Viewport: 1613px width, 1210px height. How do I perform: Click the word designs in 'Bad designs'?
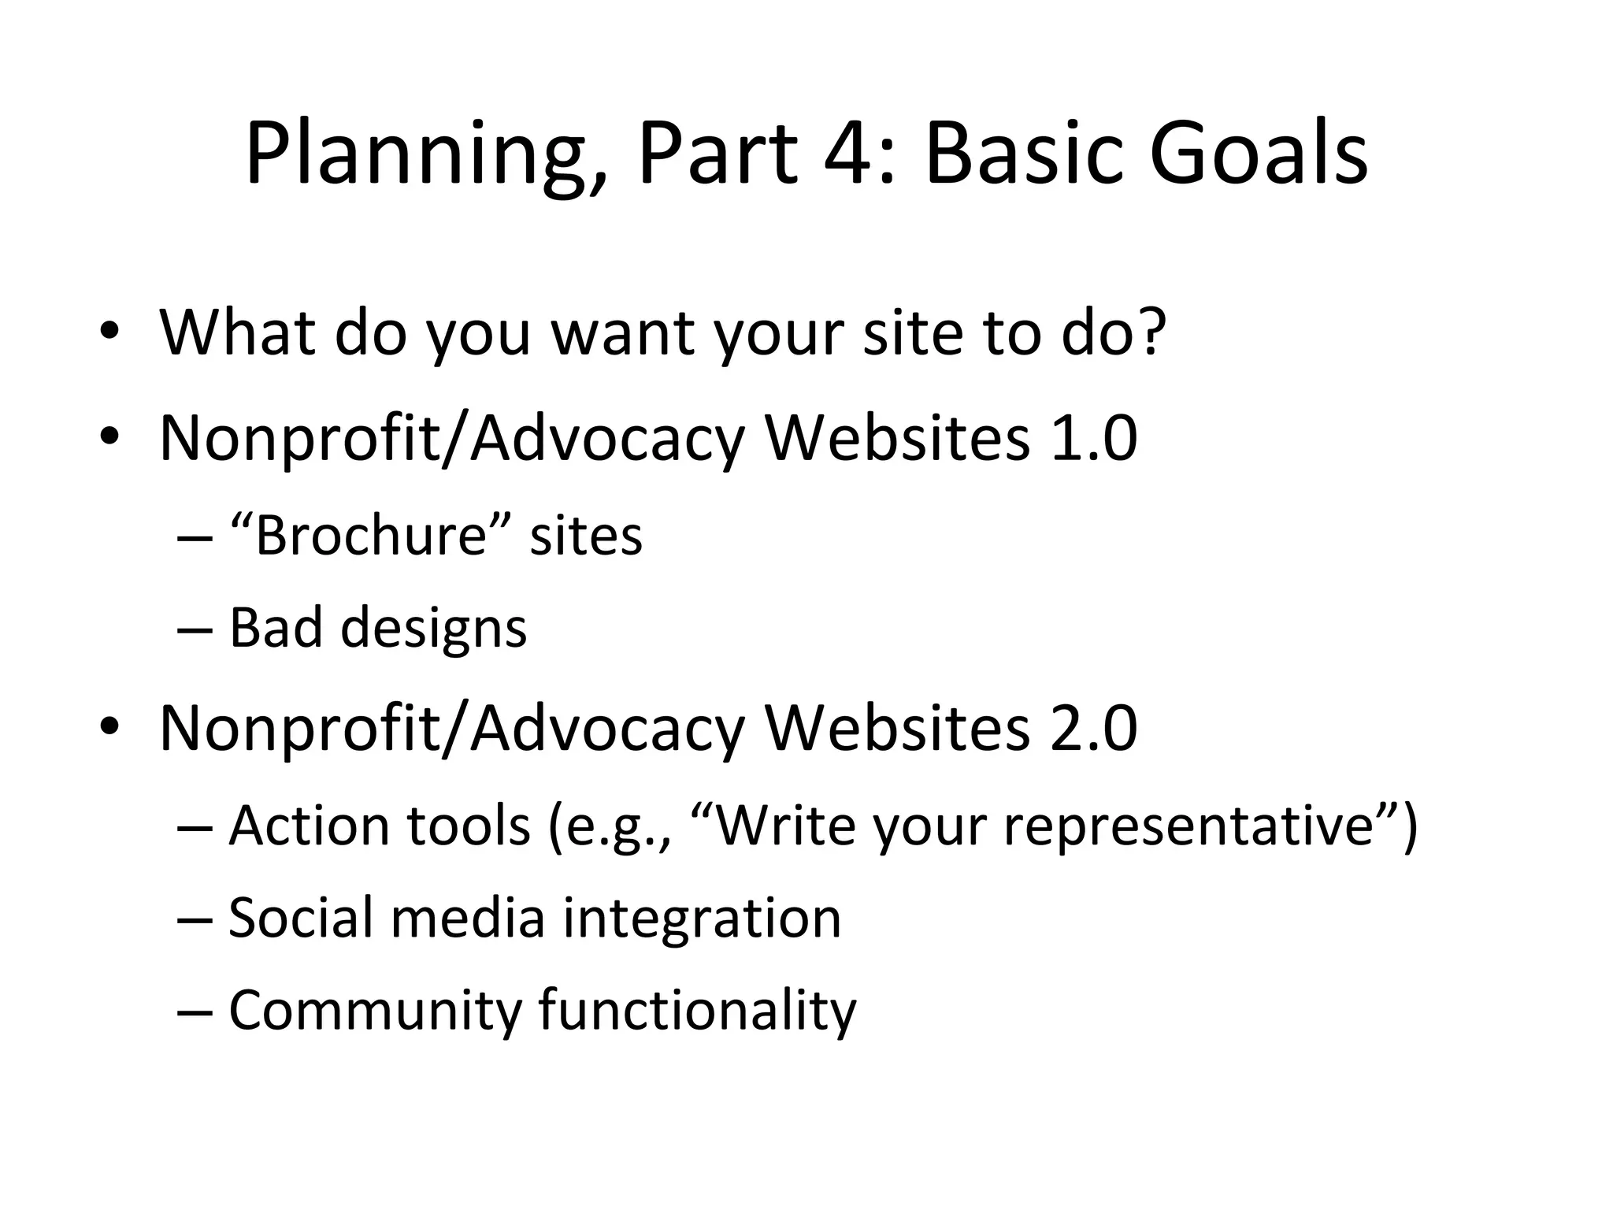(432, 629)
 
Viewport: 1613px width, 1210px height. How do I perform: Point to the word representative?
(1189, 827)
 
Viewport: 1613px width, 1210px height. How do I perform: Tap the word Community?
(372, 1010)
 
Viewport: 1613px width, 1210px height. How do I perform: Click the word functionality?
(697, 1010)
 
